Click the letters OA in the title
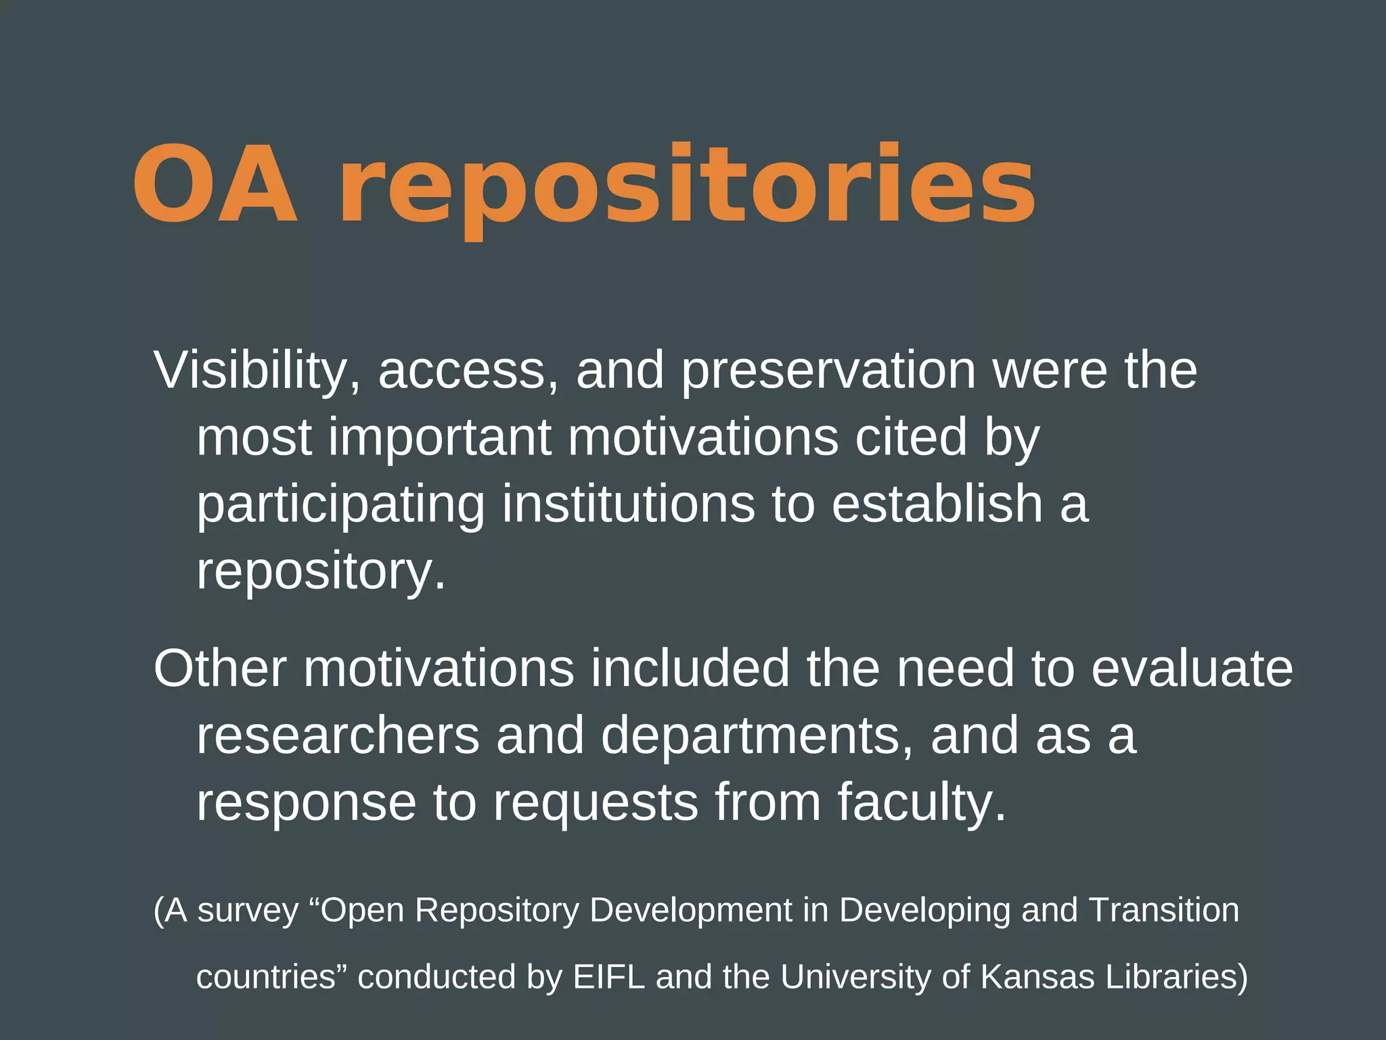click(x=215, y=184)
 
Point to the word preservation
click(x=828, y=371)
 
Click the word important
click(x=440, y=438)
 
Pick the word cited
click(x=911, y=438)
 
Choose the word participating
click(x=340, y=505)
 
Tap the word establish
click(x=937, y=504)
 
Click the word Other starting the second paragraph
click(x=220, y=669)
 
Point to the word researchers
click(x=338, y=736)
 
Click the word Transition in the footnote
click(x=1164, y=909)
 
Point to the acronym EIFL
click(x=608, y=977)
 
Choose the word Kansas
click(x=1037, y=977)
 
